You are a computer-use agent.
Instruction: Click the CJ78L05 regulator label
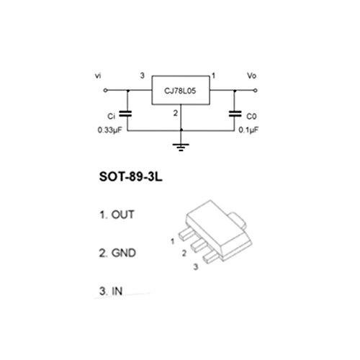[180, 91]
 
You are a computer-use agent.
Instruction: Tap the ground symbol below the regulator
[181, 147]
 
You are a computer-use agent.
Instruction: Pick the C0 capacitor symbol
[235, 114]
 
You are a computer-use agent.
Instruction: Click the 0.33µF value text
[109, 130]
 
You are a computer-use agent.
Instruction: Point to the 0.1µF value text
[248, 130]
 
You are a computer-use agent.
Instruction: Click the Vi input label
[98, 76]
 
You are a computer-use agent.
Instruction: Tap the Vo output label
[252, 76]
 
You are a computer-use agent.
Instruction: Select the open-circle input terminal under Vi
[105, 91]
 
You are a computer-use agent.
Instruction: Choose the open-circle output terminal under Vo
[256, 91]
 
